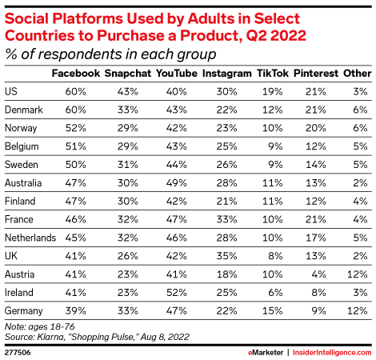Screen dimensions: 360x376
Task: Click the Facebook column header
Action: (x=74, y=73)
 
